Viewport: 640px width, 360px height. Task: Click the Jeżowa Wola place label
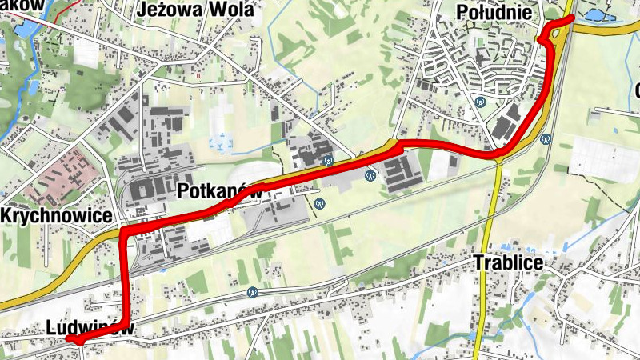(x=195, y=10)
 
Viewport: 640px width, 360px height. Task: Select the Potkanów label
(x=221, y=191)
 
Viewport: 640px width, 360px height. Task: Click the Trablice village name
(x=509, y=262)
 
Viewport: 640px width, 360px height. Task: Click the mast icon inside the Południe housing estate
(x=479, y=102)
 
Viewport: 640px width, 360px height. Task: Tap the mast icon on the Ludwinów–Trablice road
(x=253, y=293)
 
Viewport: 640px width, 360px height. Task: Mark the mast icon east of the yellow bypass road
(x=546, y=138)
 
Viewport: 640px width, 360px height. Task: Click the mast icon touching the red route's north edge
(x=329, y=162)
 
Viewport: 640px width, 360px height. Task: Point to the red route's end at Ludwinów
(x=70, y=340)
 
